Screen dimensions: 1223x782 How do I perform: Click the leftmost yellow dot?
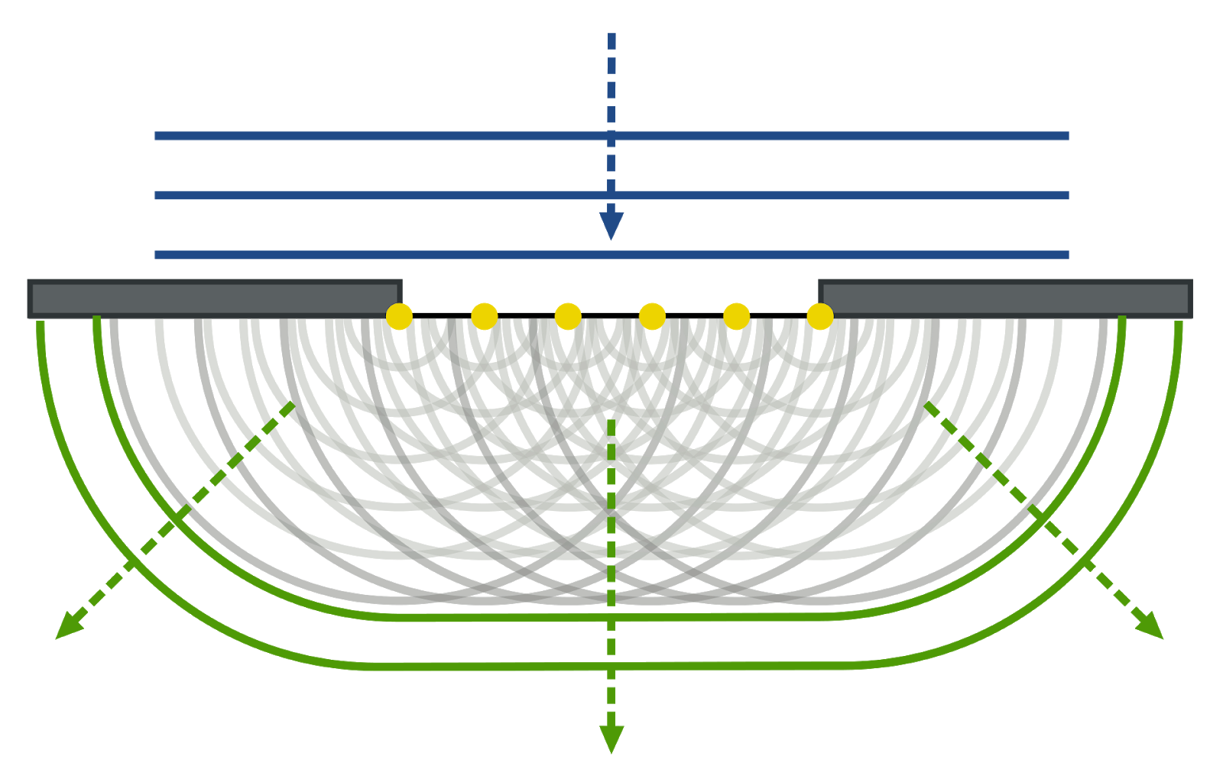point(399,316)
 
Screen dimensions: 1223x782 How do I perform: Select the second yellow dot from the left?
point(484,316)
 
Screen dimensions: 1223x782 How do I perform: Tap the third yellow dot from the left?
point(568,316)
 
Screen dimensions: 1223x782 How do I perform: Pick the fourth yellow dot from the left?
point(652,316)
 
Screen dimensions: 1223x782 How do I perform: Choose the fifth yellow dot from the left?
point(736,316)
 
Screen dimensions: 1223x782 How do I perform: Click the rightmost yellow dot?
point(820,316)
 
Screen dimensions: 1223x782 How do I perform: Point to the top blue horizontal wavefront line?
point(382,136)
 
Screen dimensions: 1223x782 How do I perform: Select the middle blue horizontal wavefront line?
point(382,195)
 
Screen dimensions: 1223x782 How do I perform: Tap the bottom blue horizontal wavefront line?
point(382,255)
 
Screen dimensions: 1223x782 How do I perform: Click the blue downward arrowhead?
point(611,225)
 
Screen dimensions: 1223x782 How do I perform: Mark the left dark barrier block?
point(214,298)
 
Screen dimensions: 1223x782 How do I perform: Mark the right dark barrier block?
point(1005,298)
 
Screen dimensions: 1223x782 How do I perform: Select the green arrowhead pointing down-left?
point(67,627)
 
